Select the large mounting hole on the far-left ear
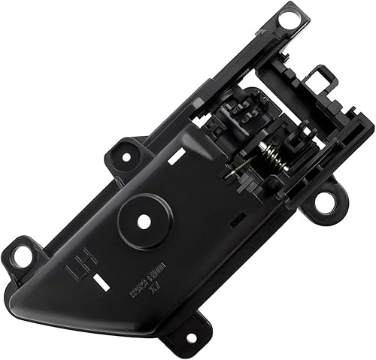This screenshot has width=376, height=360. pos(23,255)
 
